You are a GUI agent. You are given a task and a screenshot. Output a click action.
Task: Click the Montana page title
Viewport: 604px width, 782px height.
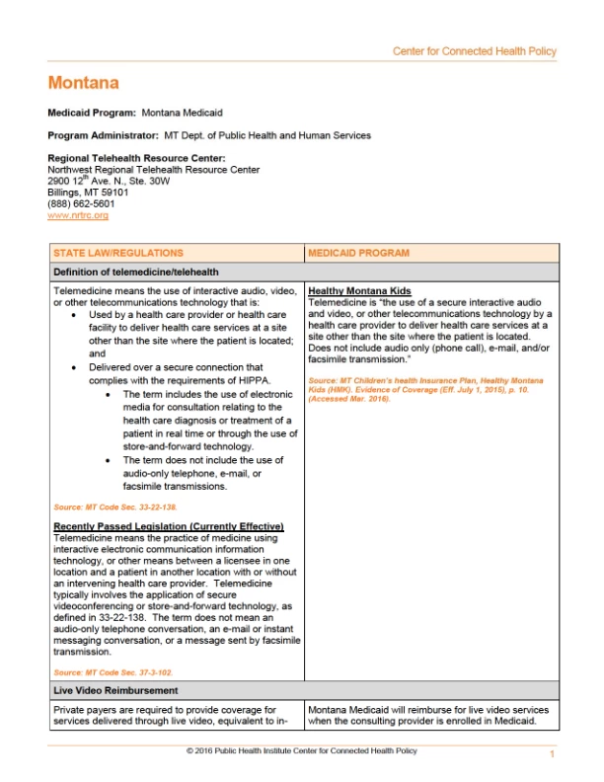click(83, 83)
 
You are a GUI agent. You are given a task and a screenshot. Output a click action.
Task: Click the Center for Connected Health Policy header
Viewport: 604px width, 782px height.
click(474, 51)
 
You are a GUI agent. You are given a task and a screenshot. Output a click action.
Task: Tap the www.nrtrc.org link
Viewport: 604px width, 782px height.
click(78, 215)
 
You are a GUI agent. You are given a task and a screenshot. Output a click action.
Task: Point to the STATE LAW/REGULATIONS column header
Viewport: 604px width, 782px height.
click(117, 253)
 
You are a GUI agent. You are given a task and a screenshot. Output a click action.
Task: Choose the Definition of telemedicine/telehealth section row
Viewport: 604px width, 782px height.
click(136, 272)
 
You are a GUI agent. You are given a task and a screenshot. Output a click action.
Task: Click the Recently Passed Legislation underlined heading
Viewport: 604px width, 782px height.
click(168, 525)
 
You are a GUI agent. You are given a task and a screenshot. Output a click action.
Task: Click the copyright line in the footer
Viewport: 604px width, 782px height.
click(301, 751)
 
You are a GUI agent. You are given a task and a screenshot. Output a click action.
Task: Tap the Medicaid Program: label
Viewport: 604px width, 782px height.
click(92, 114)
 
